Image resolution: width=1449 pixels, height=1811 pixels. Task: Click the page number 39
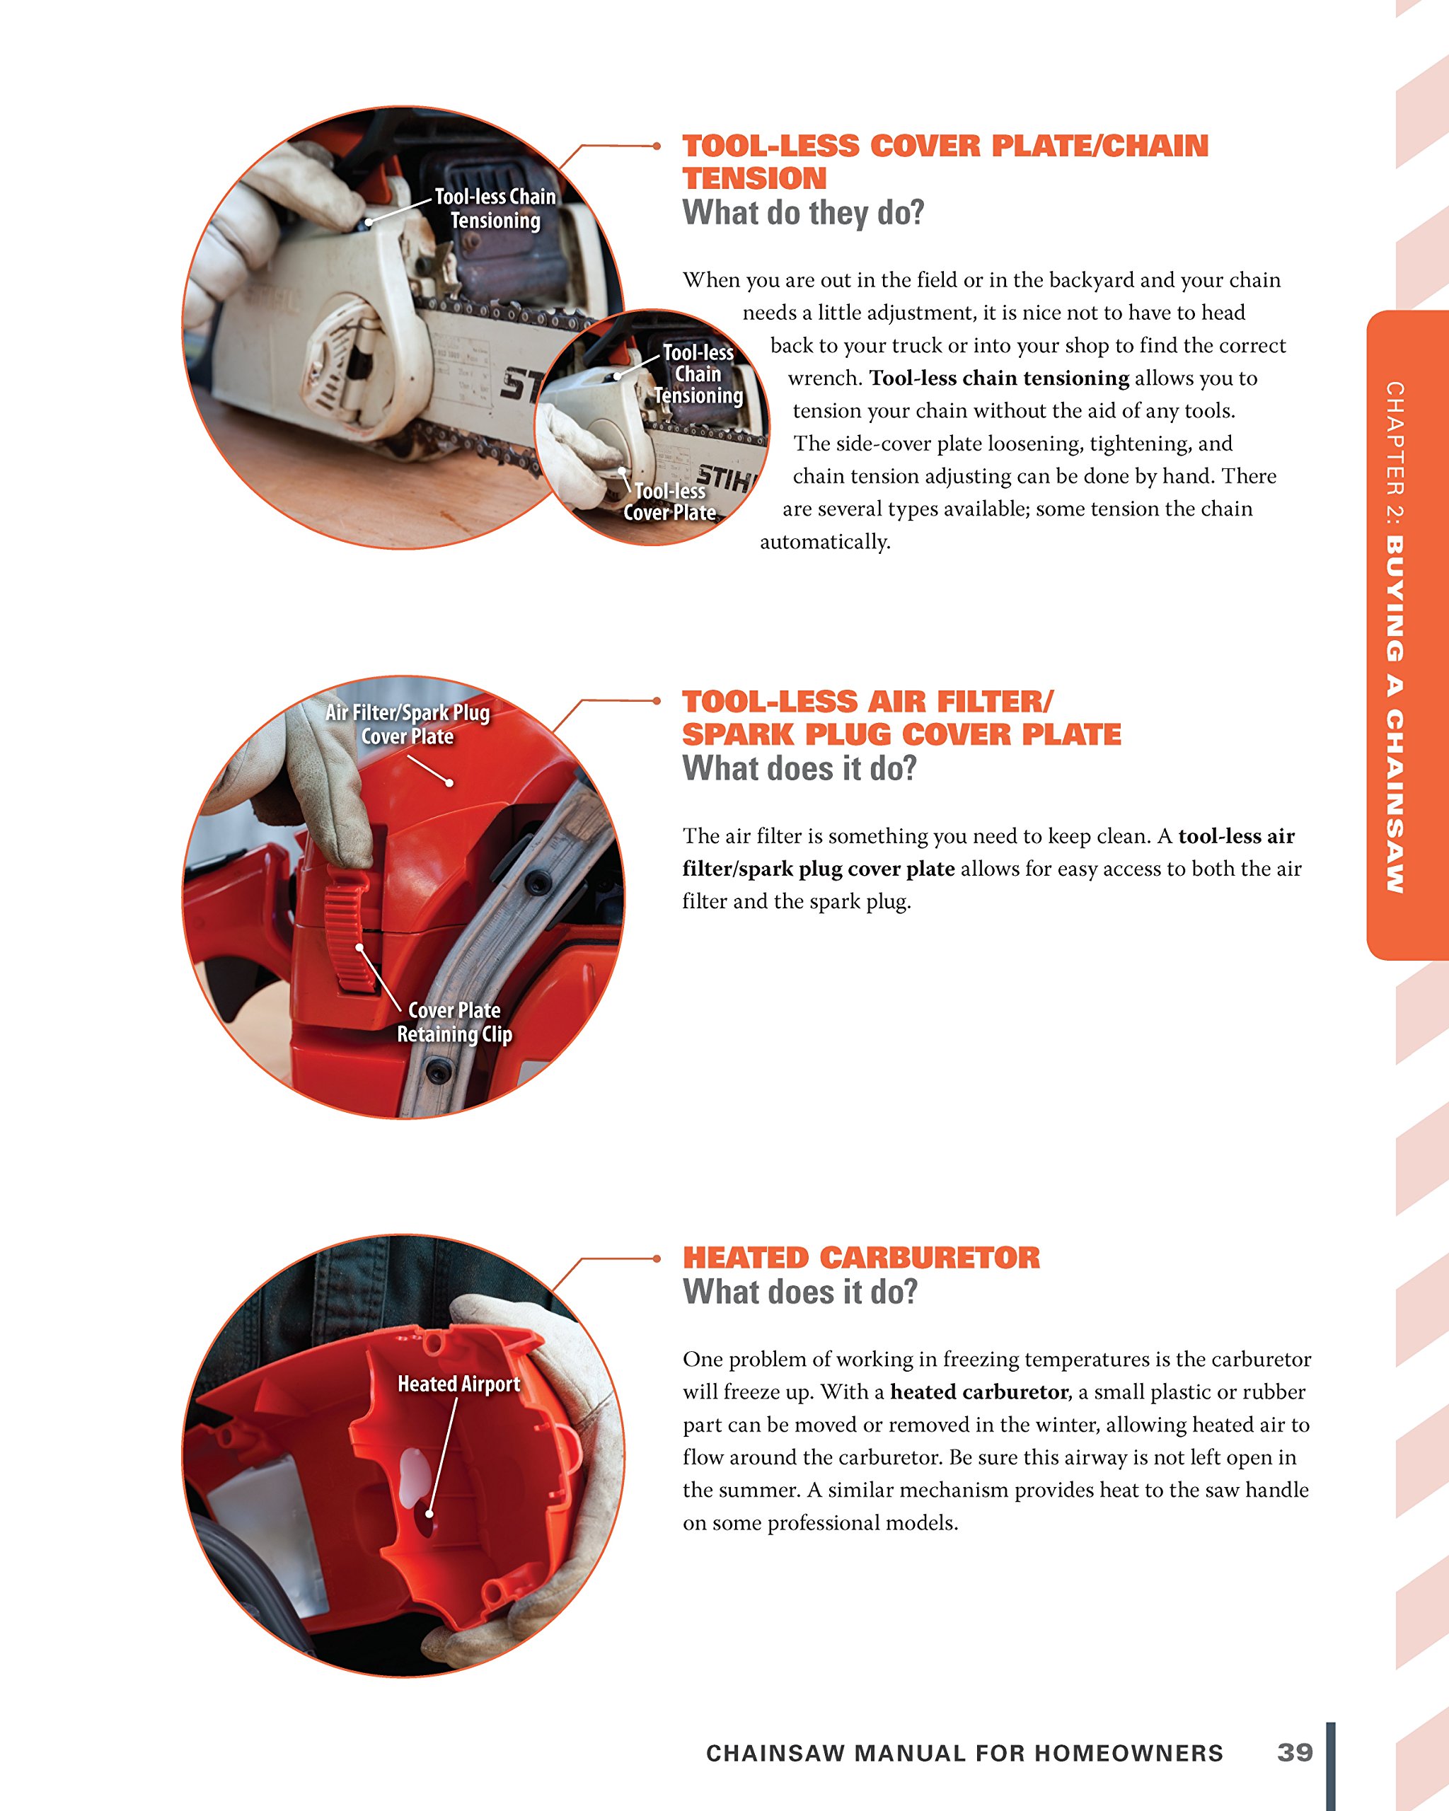point(1295,1752)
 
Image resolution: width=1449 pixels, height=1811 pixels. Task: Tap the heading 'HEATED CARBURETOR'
point(861,1258)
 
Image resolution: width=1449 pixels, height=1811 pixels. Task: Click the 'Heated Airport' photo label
point(458,1384)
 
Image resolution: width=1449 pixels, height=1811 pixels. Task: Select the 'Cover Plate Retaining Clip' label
point(454,1022)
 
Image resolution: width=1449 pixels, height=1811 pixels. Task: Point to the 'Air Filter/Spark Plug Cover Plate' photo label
point(408,724)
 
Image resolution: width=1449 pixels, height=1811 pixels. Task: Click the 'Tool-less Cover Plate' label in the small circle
point(669,502)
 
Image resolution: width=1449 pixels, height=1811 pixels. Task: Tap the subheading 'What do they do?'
point(803,214)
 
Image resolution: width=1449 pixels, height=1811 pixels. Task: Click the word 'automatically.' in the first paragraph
point(825,542)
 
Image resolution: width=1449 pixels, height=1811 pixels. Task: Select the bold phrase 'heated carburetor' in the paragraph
point(978,1391)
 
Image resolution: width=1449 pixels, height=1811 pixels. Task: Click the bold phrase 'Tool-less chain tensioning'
point(999,378)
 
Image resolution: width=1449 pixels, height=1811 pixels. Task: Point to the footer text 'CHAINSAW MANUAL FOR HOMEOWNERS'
point(964,1753)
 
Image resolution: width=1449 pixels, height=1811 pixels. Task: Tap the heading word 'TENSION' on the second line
point(754,179)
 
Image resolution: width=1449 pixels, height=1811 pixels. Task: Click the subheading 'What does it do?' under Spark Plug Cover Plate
point(799,768)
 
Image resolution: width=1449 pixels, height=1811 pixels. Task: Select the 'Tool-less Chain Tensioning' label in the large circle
point(495,208)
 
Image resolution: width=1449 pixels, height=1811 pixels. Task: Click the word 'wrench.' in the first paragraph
point(825,378)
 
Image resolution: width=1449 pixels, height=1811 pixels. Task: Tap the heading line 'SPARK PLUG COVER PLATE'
point(901,734)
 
